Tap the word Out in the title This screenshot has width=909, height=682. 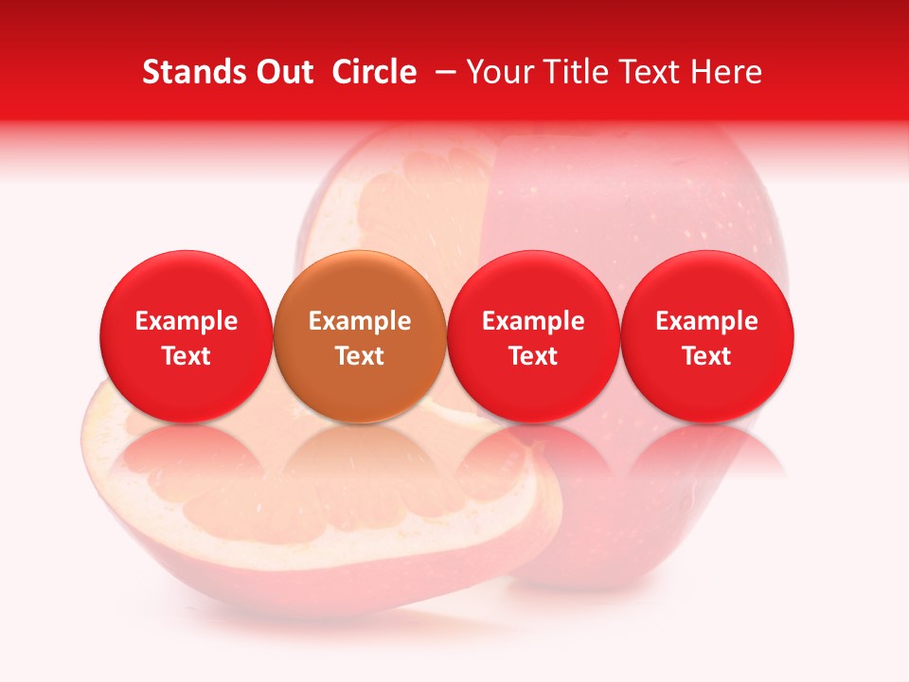click(282, 72)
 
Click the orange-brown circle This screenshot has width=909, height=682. click(360, 336)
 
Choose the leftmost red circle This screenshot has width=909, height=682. click(187, 336)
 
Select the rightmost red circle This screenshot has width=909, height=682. click(707, 336)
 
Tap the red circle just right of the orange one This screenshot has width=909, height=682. click(533, 336)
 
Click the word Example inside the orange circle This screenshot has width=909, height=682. click(360, 321)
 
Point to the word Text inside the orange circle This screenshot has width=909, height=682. click(360, 356)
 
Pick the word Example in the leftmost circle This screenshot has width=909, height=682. click(187, 321)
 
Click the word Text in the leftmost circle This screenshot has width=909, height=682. click(187, 356)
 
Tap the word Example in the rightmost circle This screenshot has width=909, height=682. click(707, 321)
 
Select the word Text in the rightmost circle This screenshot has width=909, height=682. click(707, 356)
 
